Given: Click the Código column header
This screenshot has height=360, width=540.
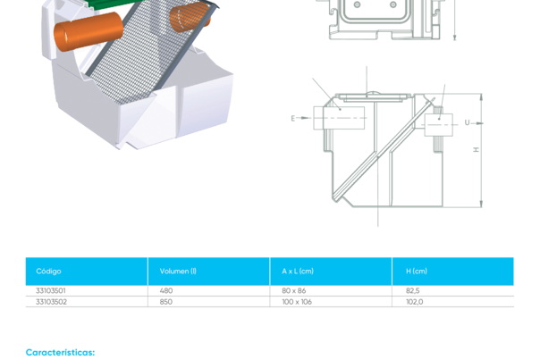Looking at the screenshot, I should click(x=48, y=271).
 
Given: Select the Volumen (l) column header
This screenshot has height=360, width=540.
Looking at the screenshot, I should click(x=178, y=271).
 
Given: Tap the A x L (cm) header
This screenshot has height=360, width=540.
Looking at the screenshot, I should click(x=298, y=271).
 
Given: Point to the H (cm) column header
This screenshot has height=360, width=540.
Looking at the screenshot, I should click(x=417, y=271).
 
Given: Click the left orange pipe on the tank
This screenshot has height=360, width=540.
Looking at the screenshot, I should click(x=88, y=34).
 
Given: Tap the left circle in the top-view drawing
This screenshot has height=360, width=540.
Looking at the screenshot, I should click(x=357, y=5).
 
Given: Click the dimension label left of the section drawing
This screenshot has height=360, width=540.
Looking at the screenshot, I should click(x=293, y=118).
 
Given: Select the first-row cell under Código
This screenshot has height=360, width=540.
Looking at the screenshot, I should click(x=49, y=291).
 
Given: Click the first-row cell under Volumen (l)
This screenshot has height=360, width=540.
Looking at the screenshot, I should click(x=166, y=291).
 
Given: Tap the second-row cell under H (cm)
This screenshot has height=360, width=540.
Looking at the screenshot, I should click(x=414, y=302).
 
